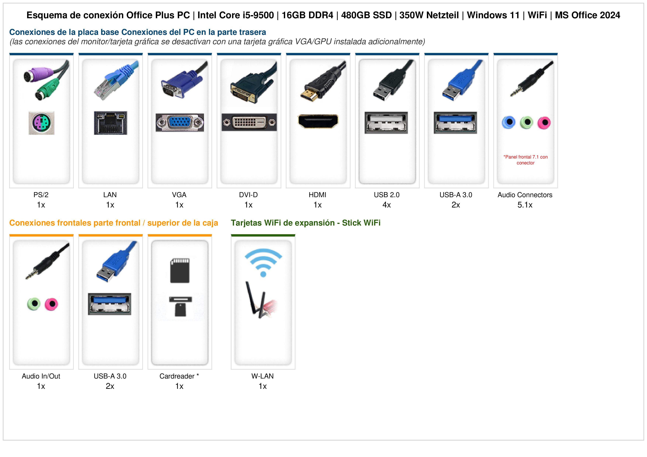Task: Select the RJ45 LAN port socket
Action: pyautogui.click(x=110, y=123)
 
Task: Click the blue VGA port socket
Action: pyautogui.click(x=180, y=123)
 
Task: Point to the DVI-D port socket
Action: pyautogui.click(x=249, y=122)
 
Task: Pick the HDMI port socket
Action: pyautogui.click(x=318, y=121)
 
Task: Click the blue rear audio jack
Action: pyautogui.click(x=509, y=123)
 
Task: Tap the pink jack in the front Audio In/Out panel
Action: pyautogui.click(x=51, y=304)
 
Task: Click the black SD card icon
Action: pyautogui.click(x=180, y=270)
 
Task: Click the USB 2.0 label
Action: pyautogui.click(x=387, y=195)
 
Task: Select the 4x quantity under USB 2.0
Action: pyautogui.click(x=387, y=205)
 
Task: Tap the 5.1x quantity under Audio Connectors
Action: pyautogui.click(x=525, y=205)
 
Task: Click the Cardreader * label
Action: pyautogui.click(x=179, y=376)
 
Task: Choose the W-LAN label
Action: pyautogui.click(x=263, y=376)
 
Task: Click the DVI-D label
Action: pyautogui.click(x=248, y=195)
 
